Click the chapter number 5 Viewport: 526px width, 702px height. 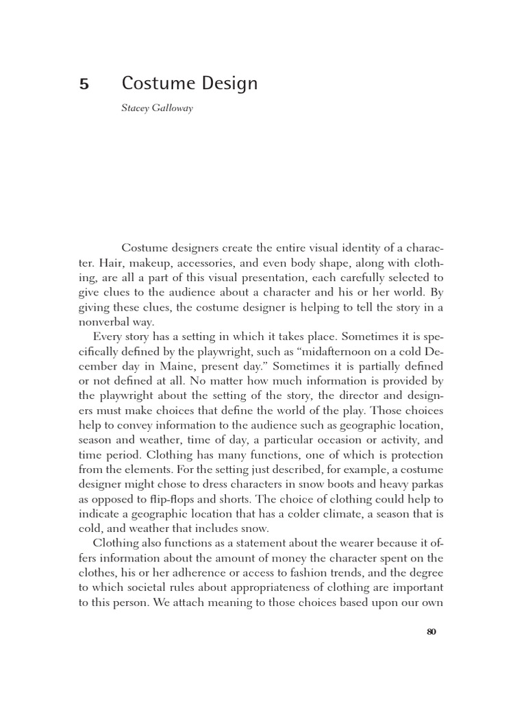pyautogui.click(x=84, y=85)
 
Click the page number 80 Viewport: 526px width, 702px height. pyautogui.click(x=431, y=633)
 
